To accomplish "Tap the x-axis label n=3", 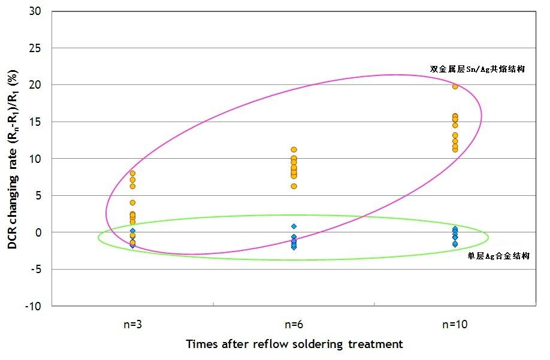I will pyautogui.click(x=132, y=325).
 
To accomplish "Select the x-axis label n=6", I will pyautogui.click(x=294, y=325).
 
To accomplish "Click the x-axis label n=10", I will pyautogui.click(x=455, y=325).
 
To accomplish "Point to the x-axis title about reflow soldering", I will pyautogui.click(x=294, y=344).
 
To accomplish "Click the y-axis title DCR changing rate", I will pyautogui.click(x=12, y=159).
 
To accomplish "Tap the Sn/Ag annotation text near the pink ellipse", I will pyautogui.click(x=477, y=69).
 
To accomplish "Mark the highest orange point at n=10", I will pyautogui.click(x=455, y=86).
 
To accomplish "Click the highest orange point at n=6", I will pyautogui.click(x=294, y=150).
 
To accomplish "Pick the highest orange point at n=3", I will pyautogui.click(x=132, y=173).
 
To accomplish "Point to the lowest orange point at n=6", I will pyautogui.click(x=294, y=186).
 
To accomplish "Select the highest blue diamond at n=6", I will pyautogui.click(x=294, y=226).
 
